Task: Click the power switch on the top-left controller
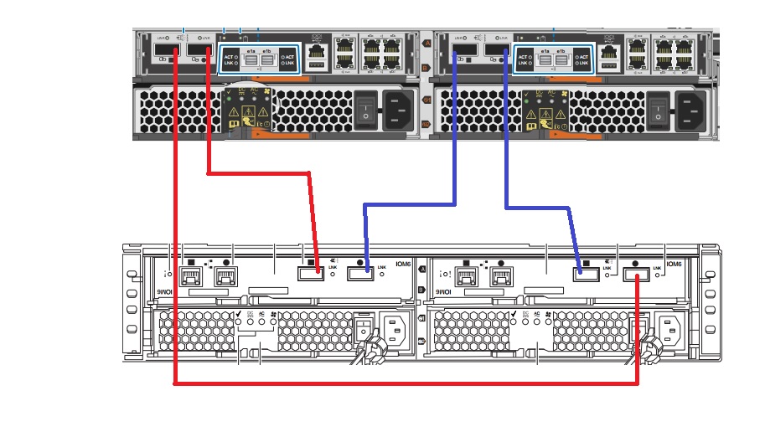[x=364, y=109]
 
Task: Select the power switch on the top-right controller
[x=660, y=109]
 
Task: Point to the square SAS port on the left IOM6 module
[x=310, y=271]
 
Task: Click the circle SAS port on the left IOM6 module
[x=360, y=271]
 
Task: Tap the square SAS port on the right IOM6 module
[x=587, y=272]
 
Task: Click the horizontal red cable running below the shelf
[x=402, y=384]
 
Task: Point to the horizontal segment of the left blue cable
[x=409, y=203]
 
